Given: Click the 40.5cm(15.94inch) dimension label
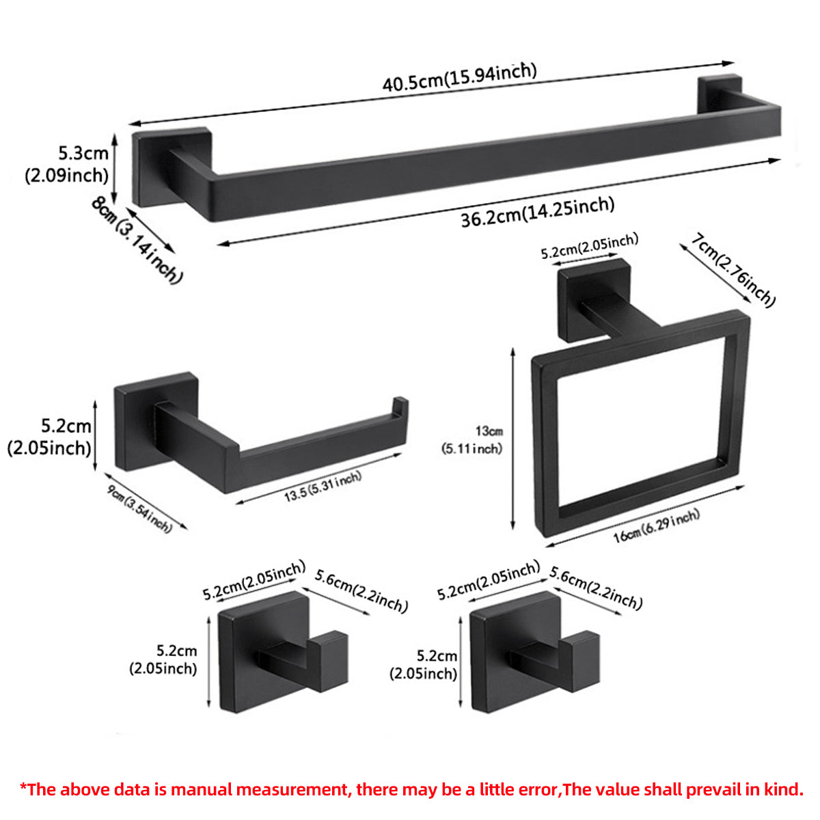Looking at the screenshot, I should pyautogui.click(x=459, y=77).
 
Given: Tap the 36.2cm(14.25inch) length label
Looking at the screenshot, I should pyautogui.click(x=537, y=212).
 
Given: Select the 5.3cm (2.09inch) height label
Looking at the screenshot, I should pyautogui.click(x=67, y=164).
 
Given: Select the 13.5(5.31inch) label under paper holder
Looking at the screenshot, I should pyautogui.click(x=323, y=486).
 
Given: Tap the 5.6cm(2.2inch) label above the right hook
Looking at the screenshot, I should pyautogui.click(x=596, y=588).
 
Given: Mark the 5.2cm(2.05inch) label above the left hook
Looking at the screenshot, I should pyautogui.click(x=254, y=580).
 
